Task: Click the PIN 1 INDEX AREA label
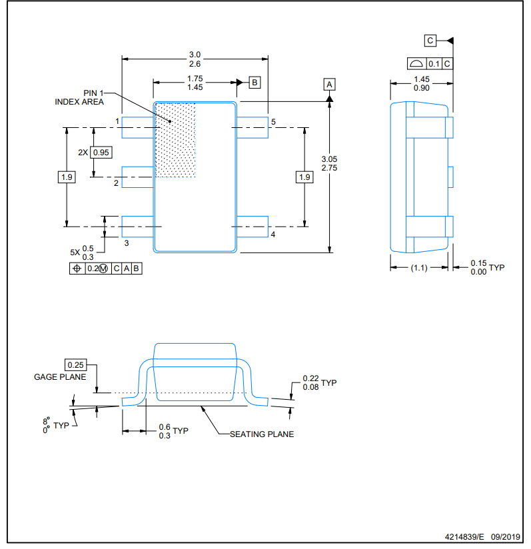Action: (x=80, y=97)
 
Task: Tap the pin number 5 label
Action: (x=273, y=122)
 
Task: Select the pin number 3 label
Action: (x=127, y=243)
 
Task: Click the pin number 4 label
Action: (x=272, y=235)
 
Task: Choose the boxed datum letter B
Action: (x=255, y=83)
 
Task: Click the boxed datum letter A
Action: (x=329, y=84)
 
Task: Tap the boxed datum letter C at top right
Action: (x=430, y=41)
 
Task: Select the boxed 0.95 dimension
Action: (x=101, y=152)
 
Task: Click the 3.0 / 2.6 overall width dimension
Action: (x=195, y=59)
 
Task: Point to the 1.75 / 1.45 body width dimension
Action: (x=195, y=83)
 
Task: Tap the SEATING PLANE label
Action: (x=262, y=434)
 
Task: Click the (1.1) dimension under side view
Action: (x=419, y=267)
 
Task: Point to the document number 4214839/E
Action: (x=466, y=536)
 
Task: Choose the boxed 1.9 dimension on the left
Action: (x=67, y=177)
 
